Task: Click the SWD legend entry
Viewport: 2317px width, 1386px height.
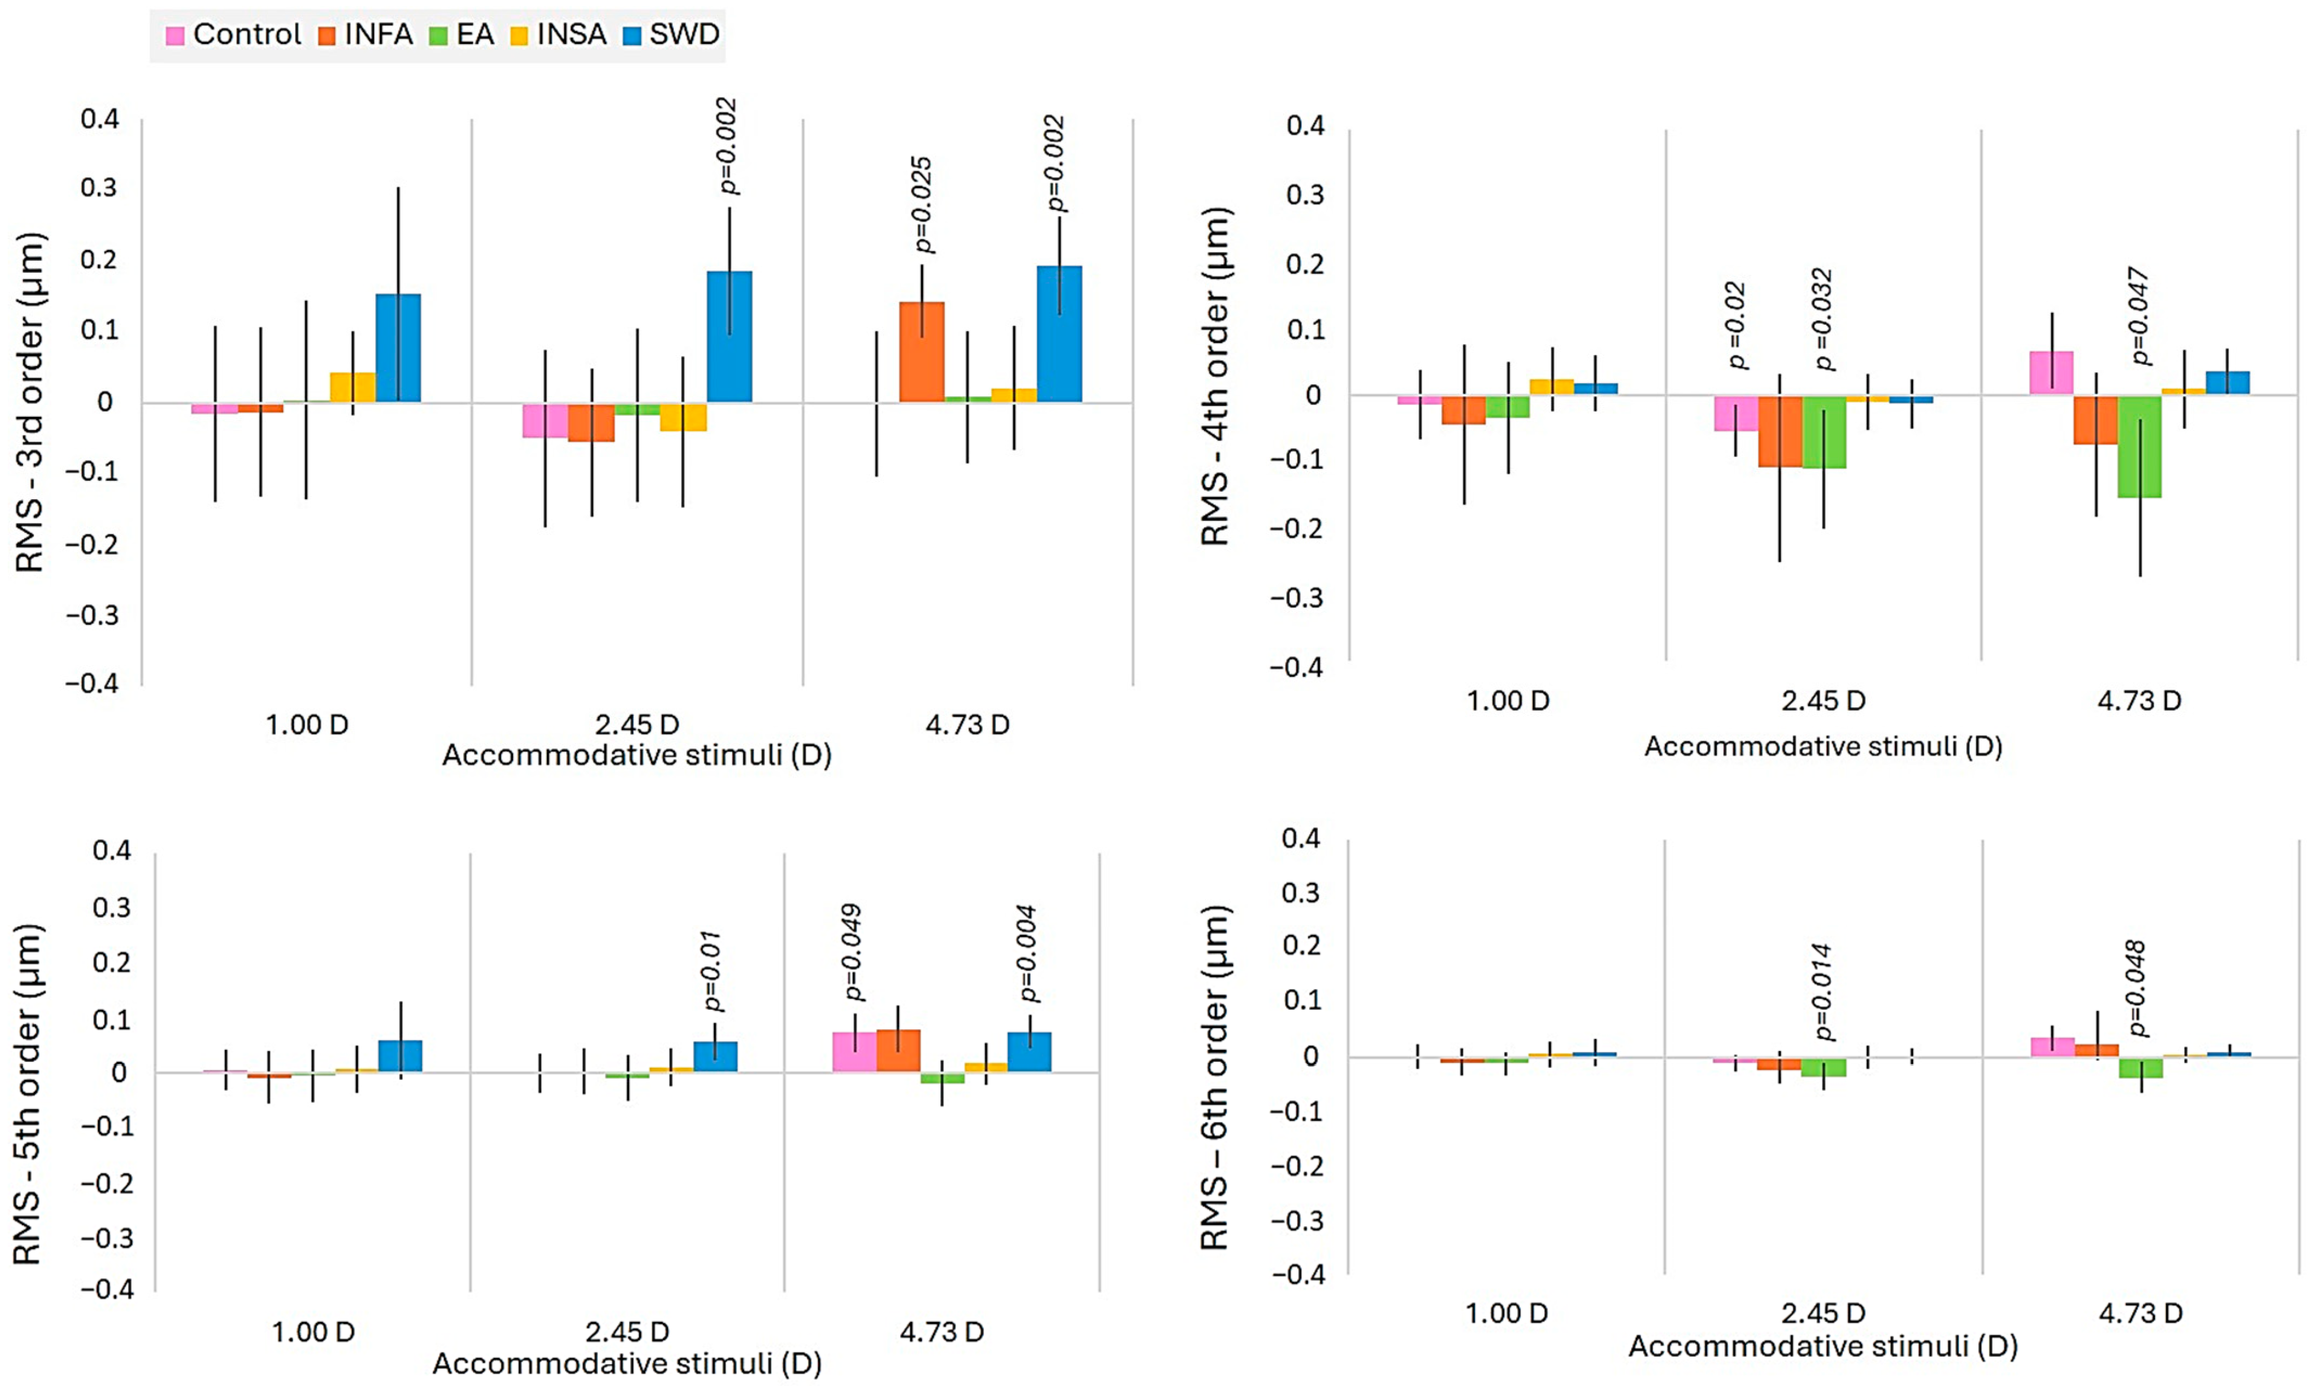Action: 671,35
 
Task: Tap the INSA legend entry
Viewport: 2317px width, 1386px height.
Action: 559,35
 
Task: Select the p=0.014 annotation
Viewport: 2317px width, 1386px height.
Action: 1822,992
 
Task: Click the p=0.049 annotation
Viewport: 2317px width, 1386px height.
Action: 851,953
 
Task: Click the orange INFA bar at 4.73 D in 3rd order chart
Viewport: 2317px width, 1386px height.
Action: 921,352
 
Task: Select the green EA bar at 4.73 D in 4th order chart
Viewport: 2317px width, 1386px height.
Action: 2140,447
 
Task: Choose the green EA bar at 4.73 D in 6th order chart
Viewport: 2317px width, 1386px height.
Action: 2140,1067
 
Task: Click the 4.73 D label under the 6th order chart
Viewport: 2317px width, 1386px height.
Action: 2140,1313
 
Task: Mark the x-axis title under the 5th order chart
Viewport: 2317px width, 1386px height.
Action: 627,1364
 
